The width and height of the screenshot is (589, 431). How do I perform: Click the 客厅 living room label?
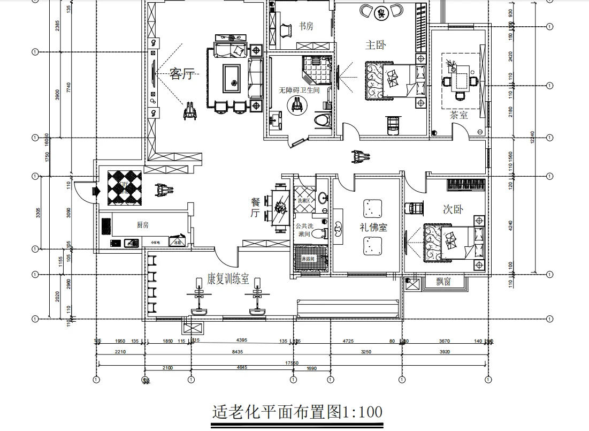181,74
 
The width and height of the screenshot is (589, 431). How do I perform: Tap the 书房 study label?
306,26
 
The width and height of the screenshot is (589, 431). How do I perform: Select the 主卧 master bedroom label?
375,44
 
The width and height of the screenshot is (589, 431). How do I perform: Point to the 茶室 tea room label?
458,114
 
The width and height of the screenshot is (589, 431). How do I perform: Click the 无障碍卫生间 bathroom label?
299,90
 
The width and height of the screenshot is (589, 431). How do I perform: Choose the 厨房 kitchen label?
143,225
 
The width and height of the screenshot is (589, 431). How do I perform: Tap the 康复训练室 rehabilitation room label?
228,279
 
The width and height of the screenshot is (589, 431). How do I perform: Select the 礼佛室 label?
373,227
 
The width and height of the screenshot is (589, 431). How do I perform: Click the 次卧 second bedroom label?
453,209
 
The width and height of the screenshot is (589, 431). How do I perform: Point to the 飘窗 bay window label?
443,282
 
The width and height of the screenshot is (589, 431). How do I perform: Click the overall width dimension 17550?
292,362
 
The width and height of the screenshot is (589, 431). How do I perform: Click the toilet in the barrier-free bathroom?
322,120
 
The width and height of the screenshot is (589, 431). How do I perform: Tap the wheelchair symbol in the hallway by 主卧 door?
358,156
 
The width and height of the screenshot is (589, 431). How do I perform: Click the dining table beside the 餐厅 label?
279,208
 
